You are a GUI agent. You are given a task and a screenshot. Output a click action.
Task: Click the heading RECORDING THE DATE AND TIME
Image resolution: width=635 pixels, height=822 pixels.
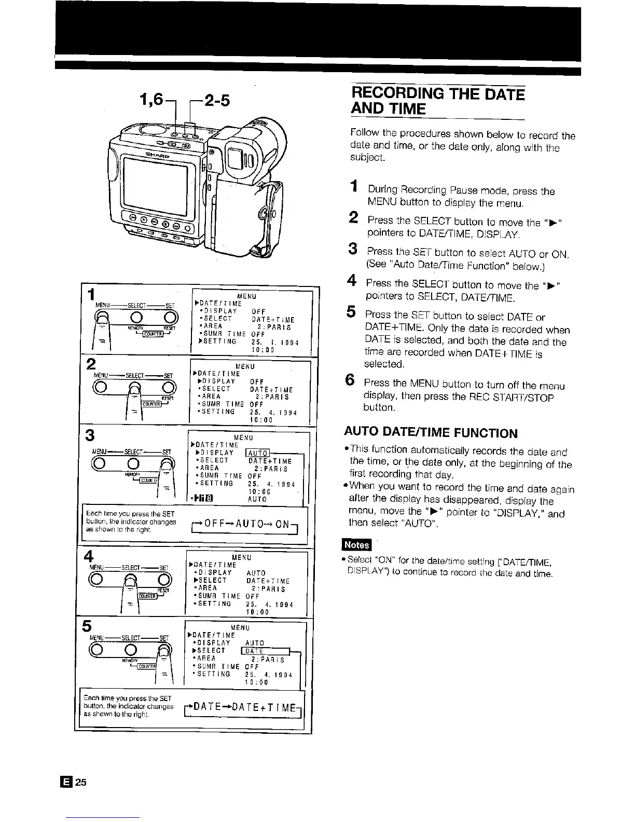[x=437, y=101]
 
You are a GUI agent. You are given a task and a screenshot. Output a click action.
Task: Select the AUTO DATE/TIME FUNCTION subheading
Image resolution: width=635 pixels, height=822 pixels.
[x=431, y=433]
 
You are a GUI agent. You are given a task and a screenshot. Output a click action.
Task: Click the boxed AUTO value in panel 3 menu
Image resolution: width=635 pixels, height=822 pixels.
[x=257, y=453]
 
